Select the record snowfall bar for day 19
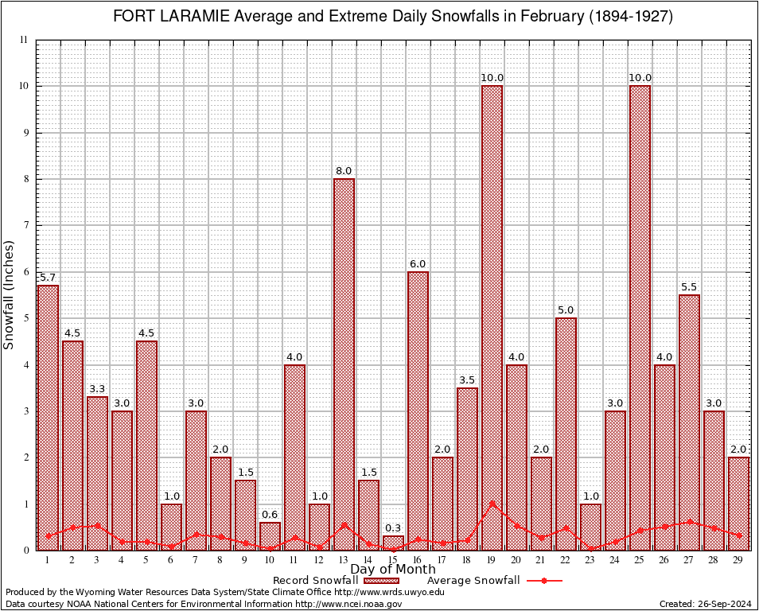(x=492, y=317)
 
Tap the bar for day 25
(x=640, y=317)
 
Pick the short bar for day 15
(x=393, y=543)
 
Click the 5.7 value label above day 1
(x=48, y=276)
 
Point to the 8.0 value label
(x=344, y=170)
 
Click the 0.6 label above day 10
(x=270, y=513)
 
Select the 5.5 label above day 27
(x=689, y=286)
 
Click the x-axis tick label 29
(x=738, y=560)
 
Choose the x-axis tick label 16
(x=418, y=560)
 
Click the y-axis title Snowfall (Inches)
(x=10, y=294)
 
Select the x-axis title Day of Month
(x=393, y=570)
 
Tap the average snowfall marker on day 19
(x=492, y=504)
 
